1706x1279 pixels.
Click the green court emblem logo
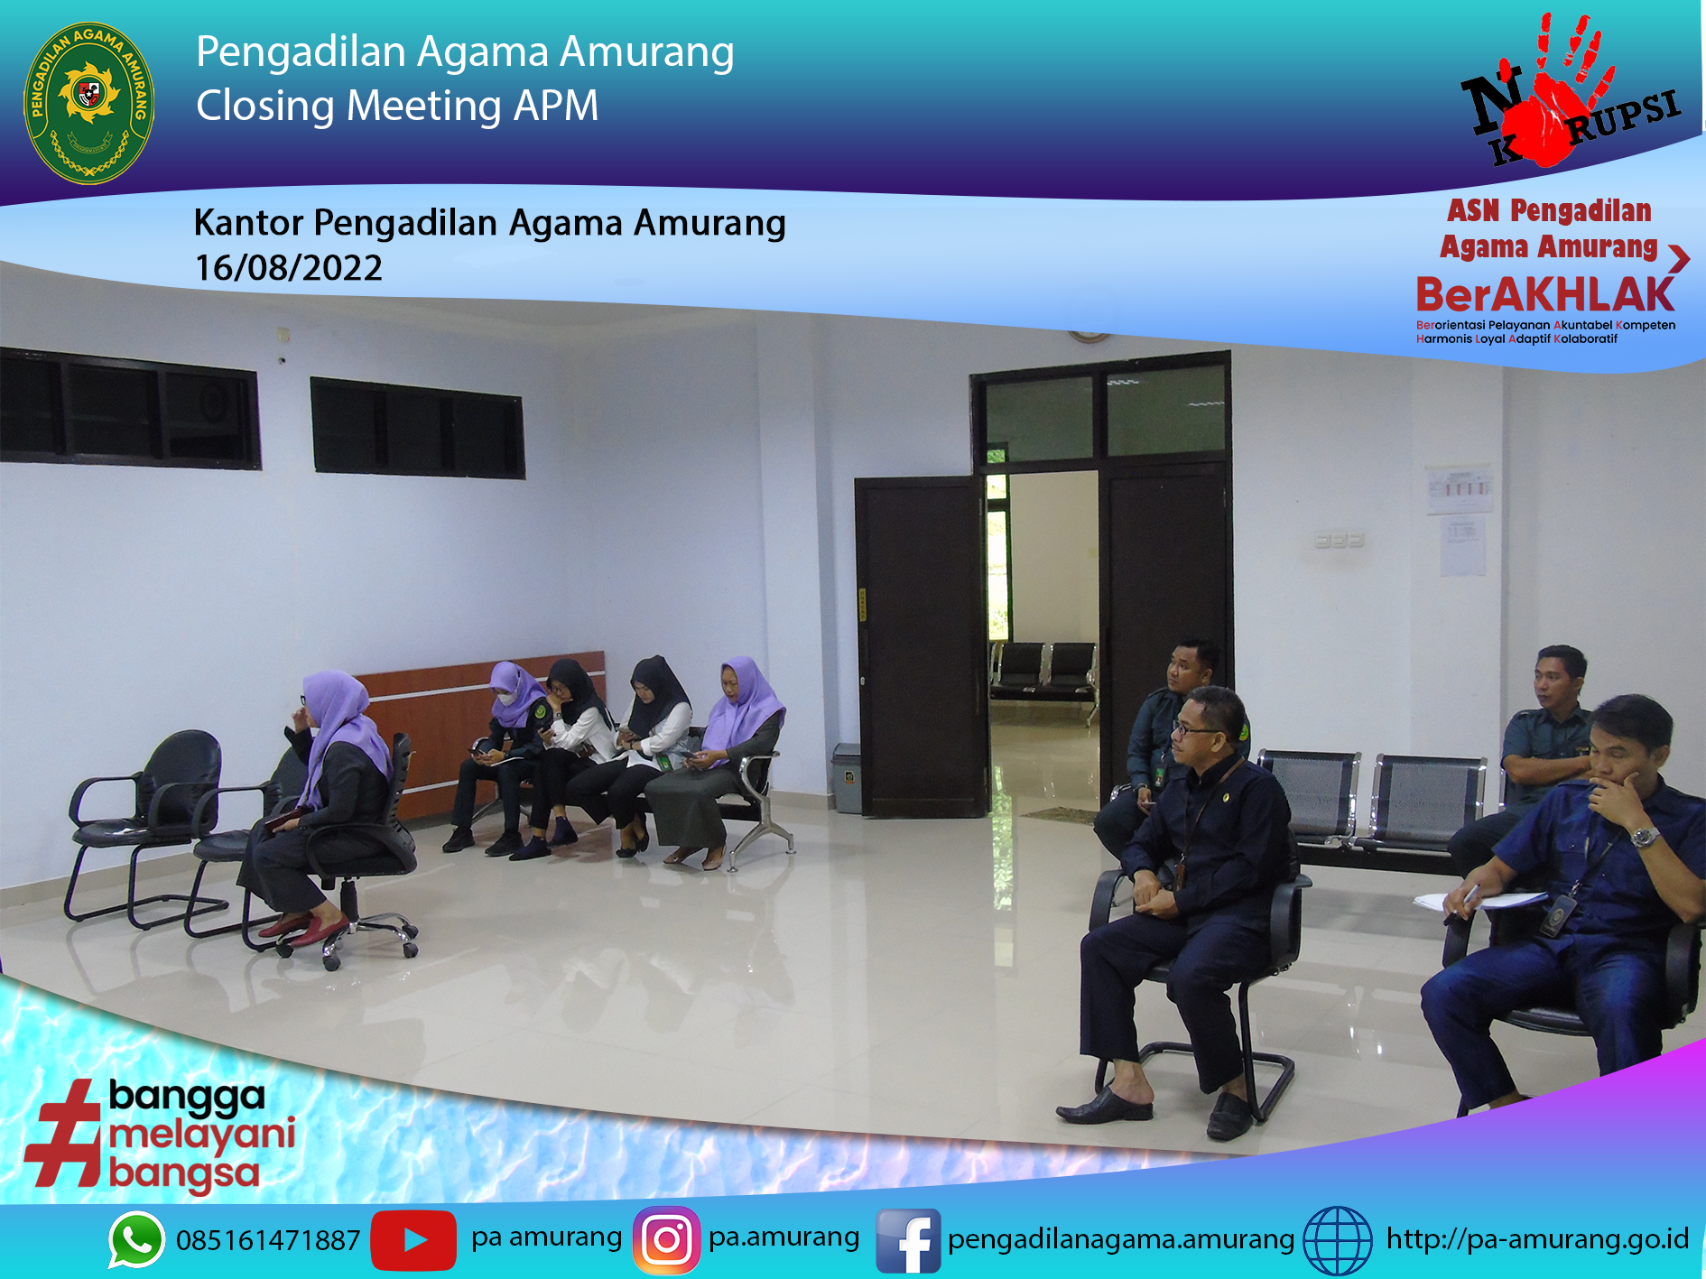[x=88, y=103]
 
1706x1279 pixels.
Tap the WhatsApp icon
[x=136, y=1239]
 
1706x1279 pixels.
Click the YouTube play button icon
[x=413, y=1240]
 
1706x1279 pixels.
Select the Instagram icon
[x=666, y=1240]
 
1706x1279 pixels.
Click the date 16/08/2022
[x=289, y=268]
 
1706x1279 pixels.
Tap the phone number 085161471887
[x=268, y=1241]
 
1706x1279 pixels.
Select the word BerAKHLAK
[x=1545, y=295]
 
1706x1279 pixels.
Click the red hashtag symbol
[x=63, y=1133]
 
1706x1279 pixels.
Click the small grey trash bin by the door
[x=847, y=777]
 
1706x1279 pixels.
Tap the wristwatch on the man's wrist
[x=1646, y=837]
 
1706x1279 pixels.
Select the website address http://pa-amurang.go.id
[x=1537, y=1239]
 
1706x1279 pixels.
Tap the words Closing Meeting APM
[x=397, y=106]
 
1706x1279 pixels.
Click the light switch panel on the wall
[x=1339, y=541]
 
